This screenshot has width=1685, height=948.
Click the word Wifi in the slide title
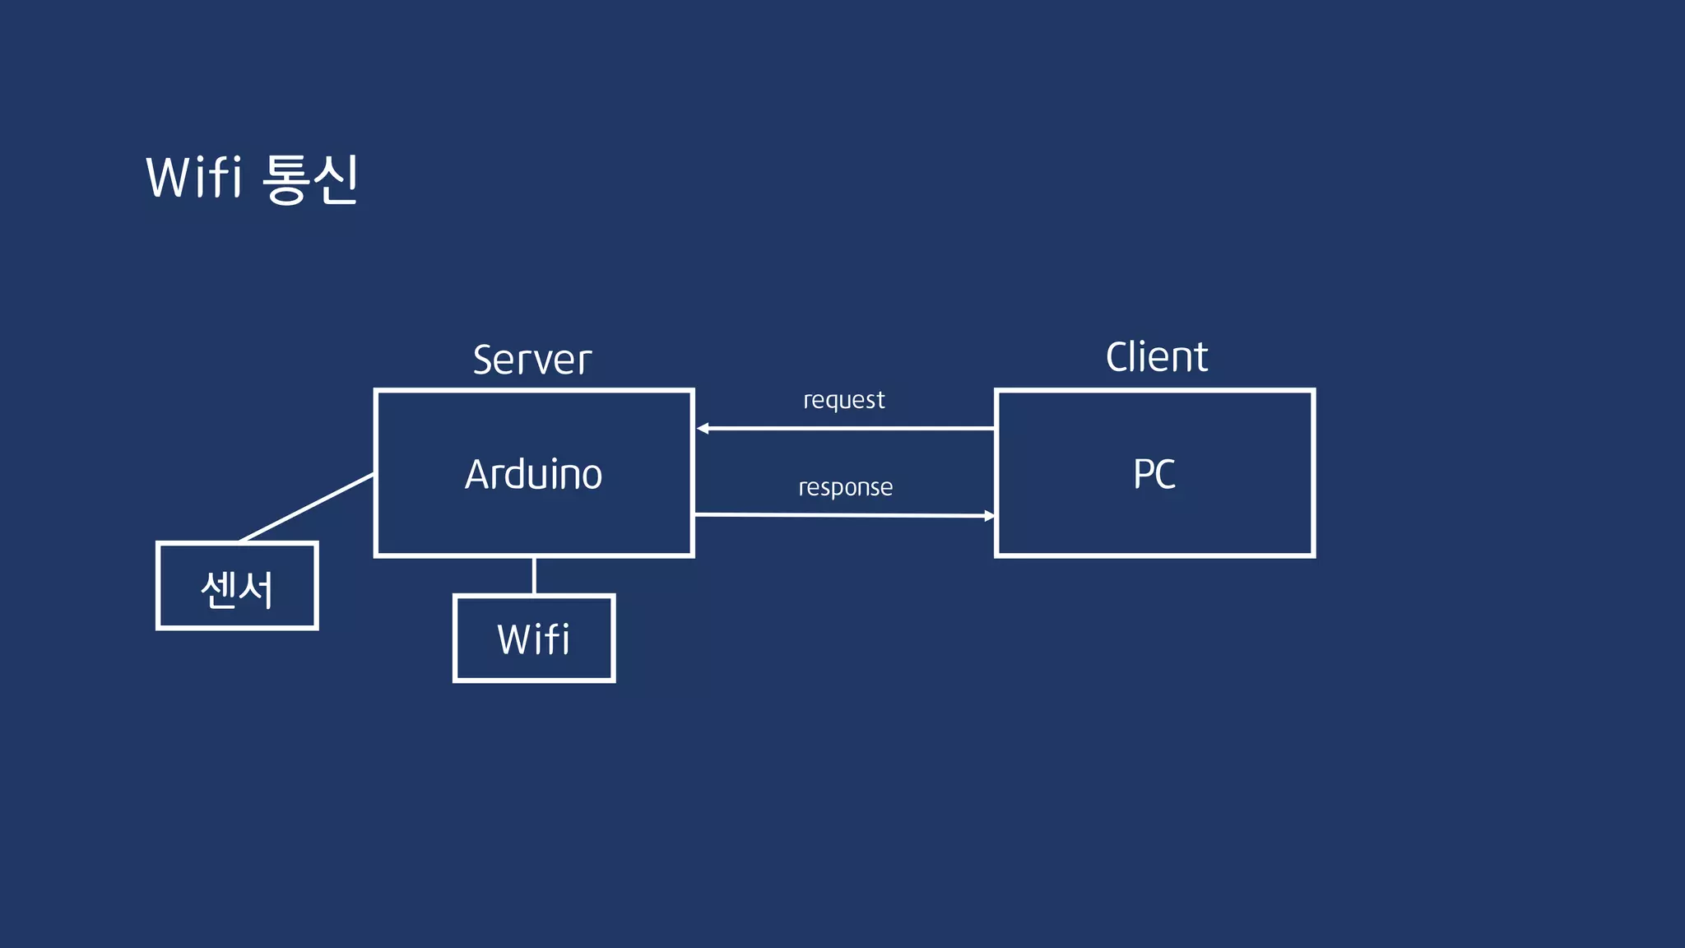194,177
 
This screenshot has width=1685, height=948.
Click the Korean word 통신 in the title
311,179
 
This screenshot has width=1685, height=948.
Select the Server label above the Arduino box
532,360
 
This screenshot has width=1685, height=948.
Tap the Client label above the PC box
1156,357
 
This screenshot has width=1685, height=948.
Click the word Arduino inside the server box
533,474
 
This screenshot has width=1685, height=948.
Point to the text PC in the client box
1154,474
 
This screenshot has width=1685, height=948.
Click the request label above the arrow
843,400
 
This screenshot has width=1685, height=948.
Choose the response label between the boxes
845,487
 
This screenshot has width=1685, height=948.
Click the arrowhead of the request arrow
703,428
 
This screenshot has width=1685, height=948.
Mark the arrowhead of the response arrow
989,516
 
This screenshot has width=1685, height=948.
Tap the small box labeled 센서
237,586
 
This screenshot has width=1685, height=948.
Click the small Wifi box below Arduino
534,639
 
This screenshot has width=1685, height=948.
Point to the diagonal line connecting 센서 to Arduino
307,508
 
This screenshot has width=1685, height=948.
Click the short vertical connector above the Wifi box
534,575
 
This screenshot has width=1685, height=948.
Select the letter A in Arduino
478,474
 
